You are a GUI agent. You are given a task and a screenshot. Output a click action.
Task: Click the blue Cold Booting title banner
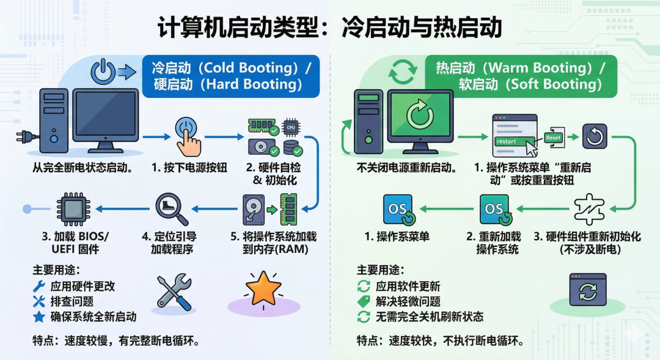click(x=231, y=76)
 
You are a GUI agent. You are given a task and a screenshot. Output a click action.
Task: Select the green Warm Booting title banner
click(x=519, y=76)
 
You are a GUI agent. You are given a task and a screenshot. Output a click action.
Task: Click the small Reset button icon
click(x=553, y=138)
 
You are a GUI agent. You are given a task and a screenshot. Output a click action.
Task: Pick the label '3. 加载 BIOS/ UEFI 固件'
click(x=74, y=243)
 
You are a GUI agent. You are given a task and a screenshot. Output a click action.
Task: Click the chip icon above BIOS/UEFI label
click(x=73, y=209)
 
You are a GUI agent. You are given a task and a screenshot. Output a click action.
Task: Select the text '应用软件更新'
click(x=408, y=286)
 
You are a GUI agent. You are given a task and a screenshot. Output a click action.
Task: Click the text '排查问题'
click(x=71, y=301)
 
